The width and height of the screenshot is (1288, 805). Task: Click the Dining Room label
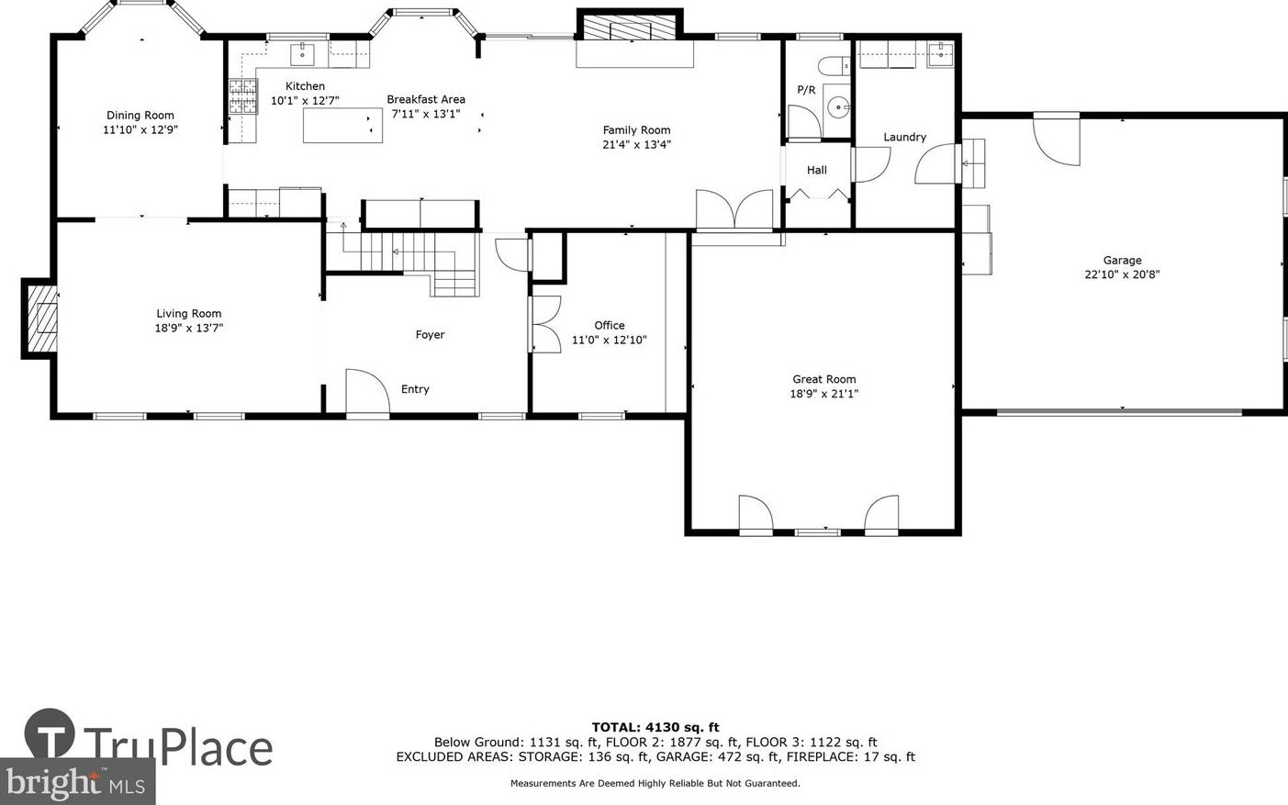point(140,115)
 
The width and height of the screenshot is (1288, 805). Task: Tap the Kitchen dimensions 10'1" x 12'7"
point(305,101)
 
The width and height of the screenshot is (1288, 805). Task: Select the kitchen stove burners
point(242,96)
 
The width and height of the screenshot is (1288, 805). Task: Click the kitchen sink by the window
point(303,54)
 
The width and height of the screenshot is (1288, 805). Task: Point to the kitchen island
point(342,125)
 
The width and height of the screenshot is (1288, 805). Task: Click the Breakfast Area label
point(426,99)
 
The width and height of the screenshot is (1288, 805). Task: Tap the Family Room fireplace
point(630,28)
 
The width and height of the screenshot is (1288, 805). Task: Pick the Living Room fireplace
point(40,319)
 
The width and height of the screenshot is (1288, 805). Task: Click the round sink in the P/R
point(839,107)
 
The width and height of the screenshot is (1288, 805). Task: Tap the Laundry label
point(904,137)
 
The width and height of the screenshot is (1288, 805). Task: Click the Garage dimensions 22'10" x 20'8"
point(1122,274)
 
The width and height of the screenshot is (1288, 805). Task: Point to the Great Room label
point(824,379)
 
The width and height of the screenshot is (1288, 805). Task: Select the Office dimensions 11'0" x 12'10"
point(610,340)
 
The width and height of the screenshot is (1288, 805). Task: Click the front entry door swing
point(366,391)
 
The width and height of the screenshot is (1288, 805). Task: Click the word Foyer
point(430,335)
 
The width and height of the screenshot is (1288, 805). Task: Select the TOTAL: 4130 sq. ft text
point(655,728)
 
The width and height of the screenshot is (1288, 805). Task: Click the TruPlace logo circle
point(50,733)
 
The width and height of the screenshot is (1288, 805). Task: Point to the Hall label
point(817,170)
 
